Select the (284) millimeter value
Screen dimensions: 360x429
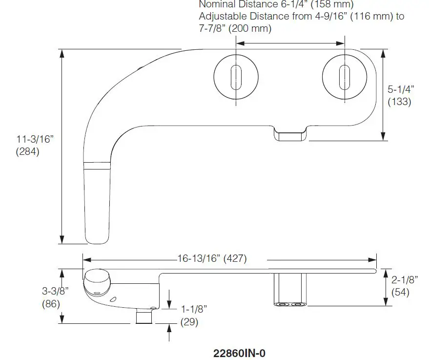28,151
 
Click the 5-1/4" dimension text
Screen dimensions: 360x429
401,89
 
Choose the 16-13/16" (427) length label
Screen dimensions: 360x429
211,259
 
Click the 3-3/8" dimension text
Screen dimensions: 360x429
55,291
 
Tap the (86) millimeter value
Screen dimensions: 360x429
51,303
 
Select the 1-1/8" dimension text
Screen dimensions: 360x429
194,309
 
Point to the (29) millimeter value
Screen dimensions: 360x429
189,322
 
